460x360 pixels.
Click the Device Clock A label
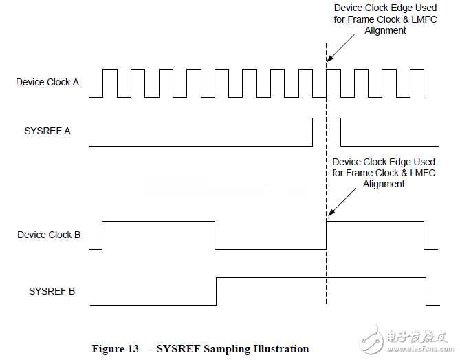click(47, 82)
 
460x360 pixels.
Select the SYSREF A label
click(47, 131)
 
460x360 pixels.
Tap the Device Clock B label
click(49, 235)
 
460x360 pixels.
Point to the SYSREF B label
click(52, 291)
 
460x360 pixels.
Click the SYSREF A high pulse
click(327, 118)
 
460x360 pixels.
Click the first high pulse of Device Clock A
click(110, 70)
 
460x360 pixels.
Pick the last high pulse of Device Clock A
click(417, 70)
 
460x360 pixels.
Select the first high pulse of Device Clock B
click(158, 222)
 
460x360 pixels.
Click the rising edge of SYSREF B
click(216, 291)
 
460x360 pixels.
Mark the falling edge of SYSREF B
click(426, 291)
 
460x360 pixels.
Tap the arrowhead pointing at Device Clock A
click(329, 59)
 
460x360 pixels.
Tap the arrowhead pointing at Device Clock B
click(331, 212)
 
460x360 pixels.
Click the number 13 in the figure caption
click(133, 349)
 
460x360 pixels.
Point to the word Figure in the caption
click(108, 349)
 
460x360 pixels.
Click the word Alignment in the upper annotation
click(385, 30)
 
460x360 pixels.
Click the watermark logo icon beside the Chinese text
click(371, 339)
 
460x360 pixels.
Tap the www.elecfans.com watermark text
click(420, 349)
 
